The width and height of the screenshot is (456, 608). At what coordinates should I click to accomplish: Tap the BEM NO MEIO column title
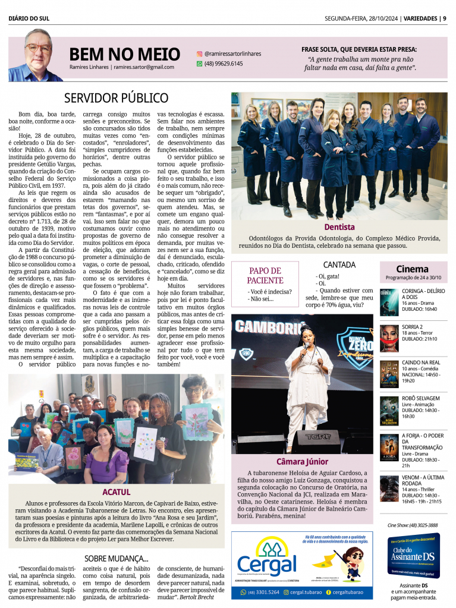pos(124,54)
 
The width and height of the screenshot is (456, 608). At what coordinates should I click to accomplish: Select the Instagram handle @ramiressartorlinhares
pos(232,53)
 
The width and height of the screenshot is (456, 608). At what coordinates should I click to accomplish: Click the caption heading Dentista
pos(339,227)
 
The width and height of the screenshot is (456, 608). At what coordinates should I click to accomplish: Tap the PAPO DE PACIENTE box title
pos(266,275)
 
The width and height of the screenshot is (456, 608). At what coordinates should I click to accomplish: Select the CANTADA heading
pos(339,264)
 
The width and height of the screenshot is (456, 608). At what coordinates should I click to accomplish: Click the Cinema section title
pos(412,269)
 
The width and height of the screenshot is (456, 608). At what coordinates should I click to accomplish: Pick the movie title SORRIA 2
pos(412,327)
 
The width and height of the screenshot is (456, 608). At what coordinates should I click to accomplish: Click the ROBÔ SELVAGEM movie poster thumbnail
pos(389,410)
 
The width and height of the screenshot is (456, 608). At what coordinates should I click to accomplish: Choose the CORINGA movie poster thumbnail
pos(389,302)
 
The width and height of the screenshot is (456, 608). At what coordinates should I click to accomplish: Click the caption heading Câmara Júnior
pos(302,461)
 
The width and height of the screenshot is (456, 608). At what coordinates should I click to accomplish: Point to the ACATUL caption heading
pos(116,492)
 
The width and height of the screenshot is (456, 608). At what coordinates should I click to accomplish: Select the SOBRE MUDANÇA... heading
pos(116,558)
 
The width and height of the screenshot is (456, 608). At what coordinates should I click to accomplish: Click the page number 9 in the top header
pos(444,18)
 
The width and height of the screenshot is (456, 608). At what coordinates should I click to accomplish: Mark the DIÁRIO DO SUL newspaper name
pos(29,18)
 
